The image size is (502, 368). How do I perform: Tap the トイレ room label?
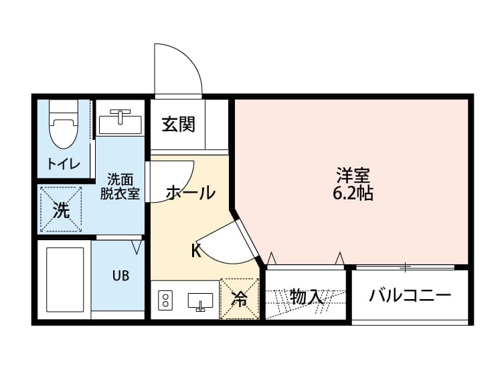(64, 164)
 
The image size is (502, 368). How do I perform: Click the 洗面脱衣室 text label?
(120, 187)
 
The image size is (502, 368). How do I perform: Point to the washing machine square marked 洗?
(61, 210)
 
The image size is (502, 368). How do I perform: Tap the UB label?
(120, 276)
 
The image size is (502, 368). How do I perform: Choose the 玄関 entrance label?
(177, 124)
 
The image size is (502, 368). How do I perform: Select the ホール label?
(190, 193)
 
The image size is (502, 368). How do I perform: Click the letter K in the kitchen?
(195, 251)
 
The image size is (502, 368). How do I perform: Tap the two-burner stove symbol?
(165, 301)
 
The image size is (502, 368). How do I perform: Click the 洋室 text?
(353, 177)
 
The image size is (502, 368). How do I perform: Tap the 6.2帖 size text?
(353, 195)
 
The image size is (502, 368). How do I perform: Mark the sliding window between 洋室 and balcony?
(405, 268)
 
